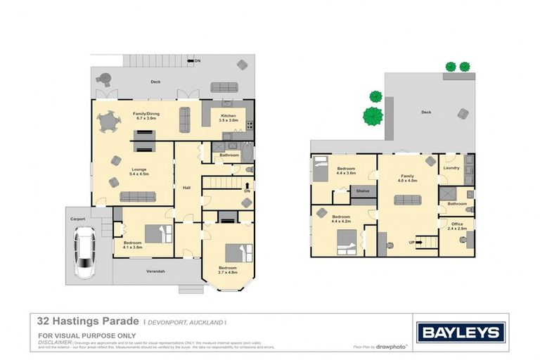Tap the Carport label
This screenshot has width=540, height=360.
coord(77,219)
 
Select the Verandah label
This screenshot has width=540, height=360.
coord(155,271)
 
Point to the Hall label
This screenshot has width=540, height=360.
coord(187,188)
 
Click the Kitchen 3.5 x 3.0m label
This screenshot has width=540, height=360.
coord(229,117)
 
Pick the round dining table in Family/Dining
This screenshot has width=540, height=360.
coord(109,124)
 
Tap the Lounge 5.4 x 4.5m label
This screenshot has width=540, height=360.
coord(138,172)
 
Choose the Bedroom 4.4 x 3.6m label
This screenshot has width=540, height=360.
coord(345,171)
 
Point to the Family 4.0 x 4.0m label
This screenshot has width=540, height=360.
coord(408,178)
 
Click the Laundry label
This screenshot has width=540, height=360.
coord(451,167)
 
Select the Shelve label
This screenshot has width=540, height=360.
coord(363,191)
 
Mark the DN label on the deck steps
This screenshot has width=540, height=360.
coord(198,61)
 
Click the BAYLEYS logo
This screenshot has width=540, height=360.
coord(460,333)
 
